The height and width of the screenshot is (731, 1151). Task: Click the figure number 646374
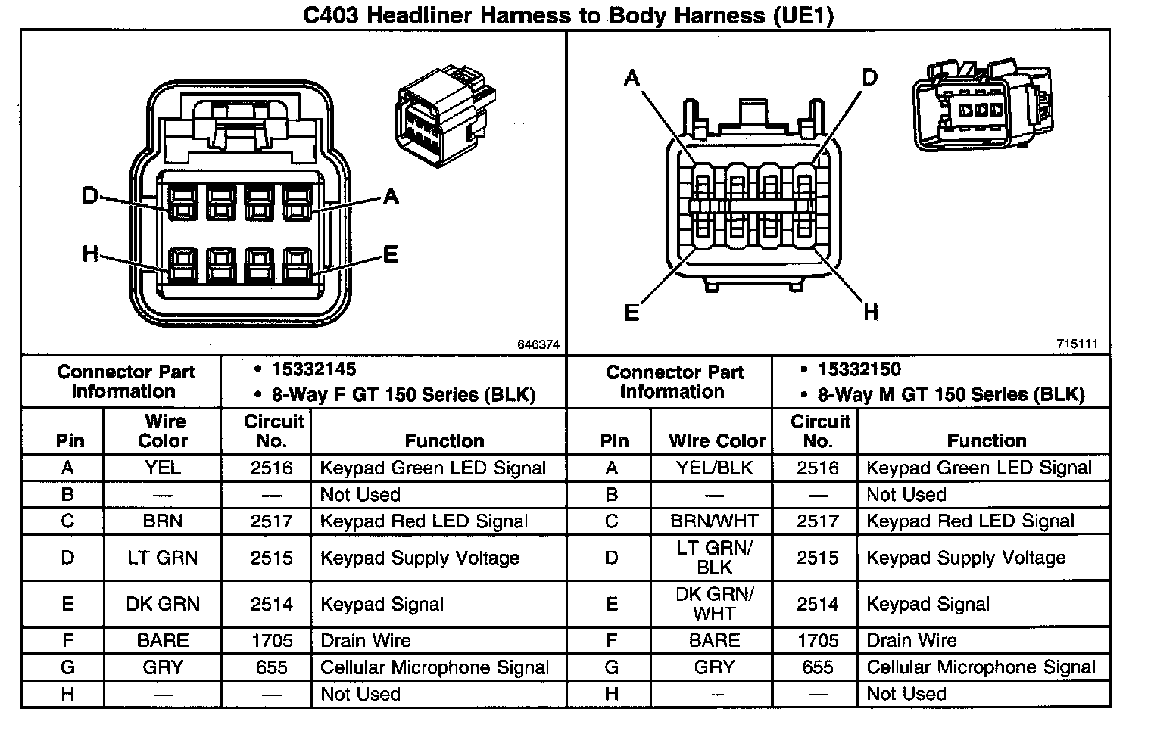[x=538, y=344]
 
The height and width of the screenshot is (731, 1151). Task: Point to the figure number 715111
[x=1078, y=344]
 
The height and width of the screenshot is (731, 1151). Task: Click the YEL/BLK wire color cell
[x=714, y=468]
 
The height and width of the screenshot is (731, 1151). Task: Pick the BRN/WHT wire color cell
[x=714, y=521]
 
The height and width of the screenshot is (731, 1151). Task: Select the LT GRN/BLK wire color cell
[x=714, y=558]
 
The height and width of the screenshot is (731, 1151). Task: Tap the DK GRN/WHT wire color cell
[x=714, y=604]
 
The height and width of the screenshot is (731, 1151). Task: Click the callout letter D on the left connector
[x=90, y=197]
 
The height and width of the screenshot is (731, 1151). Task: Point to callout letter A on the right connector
[x=632, y=78]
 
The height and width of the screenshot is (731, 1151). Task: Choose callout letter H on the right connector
[x=871, y=312]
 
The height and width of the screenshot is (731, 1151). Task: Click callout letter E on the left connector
[x=391, y=254]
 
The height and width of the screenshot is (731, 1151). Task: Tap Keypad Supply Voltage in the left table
[x=420, y=558]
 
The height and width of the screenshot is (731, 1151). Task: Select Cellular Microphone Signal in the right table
[x=981, y=667]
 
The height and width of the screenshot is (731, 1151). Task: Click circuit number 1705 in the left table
[x=272, y=641]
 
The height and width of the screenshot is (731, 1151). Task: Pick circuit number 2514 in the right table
[x=818, y=604]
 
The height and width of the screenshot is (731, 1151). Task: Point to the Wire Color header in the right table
[x=717, y=441]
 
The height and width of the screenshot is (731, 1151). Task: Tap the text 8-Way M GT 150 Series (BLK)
[x=951, y=395]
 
